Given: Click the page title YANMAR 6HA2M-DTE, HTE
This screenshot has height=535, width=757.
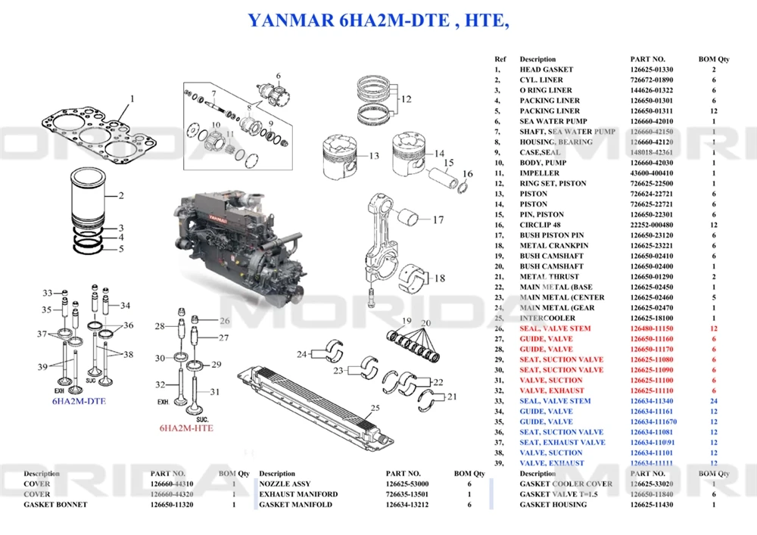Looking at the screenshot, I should point(378,20).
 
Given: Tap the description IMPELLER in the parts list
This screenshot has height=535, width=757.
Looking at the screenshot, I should point(539,173).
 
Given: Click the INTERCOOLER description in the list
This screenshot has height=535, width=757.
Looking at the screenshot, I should point(547,319).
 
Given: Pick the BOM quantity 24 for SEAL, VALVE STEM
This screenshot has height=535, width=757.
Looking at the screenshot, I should point(713,401).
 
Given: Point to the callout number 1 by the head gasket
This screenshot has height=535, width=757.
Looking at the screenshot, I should point(131,98).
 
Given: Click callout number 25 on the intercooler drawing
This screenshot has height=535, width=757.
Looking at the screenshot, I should point(373,409).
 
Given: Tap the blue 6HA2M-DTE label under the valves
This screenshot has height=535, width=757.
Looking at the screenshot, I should point(79,401).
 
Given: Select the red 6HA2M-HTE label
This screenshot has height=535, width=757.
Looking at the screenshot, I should point(185,428).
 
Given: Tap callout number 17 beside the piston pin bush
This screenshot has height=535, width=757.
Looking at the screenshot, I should point(438,221).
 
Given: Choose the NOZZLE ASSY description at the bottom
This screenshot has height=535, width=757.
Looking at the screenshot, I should point(285,484).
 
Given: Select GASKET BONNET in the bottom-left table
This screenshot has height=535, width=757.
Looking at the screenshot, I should point(55,505).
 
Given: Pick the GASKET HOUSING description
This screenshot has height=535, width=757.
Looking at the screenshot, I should point(553,505).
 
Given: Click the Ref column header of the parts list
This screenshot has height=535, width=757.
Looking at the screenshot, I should point(500,59).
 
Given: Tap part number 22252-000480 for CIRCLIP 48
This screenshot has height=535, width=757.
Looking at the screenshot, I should point(652,226).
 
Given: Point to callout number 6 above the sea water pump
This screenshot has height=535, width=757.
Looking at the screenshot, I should point(278,76).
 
